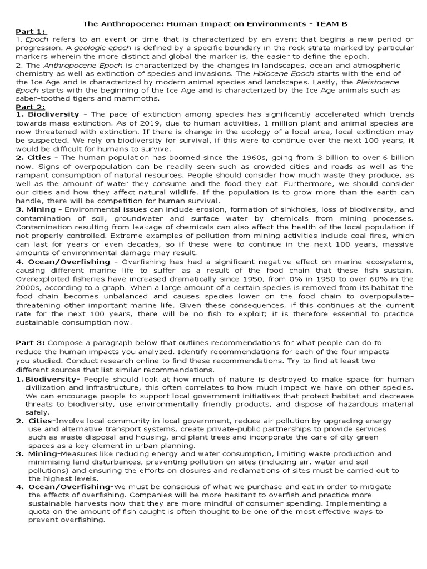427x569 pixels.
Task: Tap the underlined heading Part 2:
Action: tap(31, 107)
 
